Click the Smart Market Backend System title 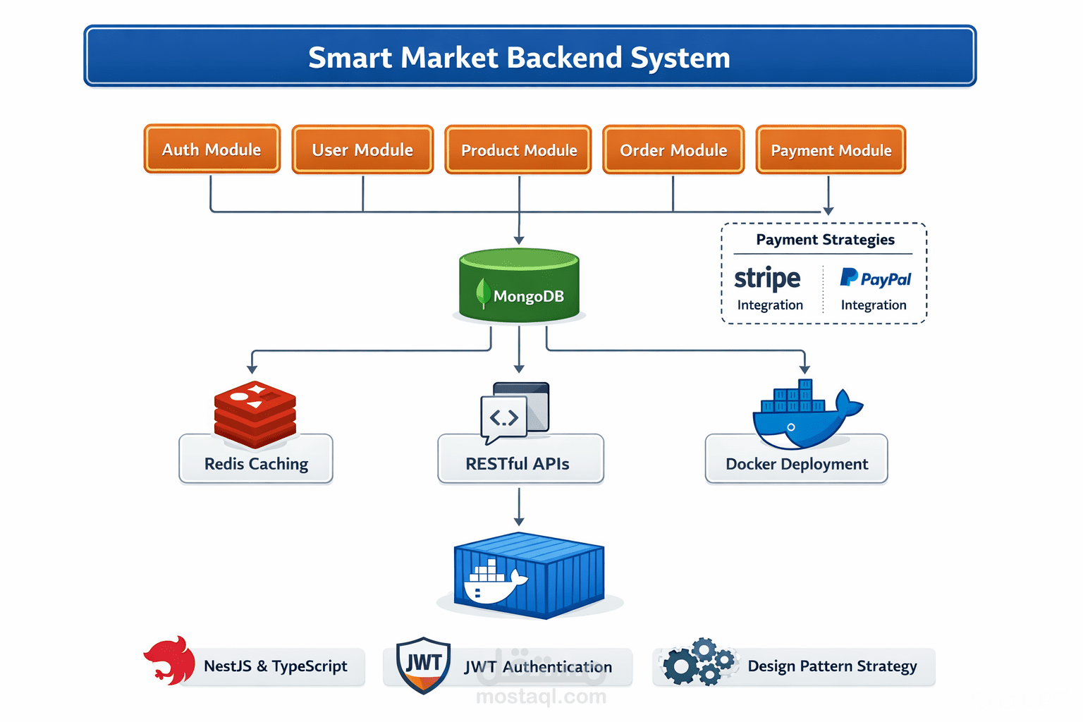coord(519,57)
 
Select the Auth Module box coord(212,149)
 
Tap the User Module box coord(362,149)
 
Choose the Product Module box coord(519,150)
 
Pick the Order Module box coord(673,150)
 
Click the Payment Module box coord(831,150)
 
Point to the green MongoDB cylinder coord(519,286)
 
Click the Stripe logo coord(767,279)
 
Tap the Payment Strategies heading coord(825,240)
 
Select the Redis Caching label coord(256,464)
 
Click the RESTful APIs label coord(518,464)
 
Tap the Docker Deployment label coord(797,464)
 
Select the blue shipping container coord(529,575)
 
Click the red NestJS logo coord(170,661)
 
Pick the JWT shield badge coord(423,665)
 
